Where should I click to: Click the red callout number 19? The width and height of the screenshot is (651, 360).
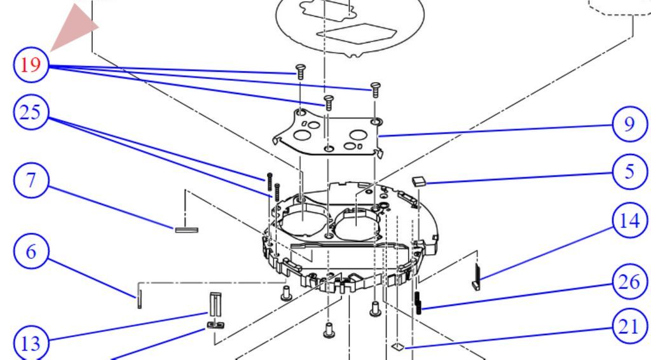point(31,65)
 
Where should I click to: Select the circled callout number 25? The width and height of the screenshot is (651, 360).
point(31,113)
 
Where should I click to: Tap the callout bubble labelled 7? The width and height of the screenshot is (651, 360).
point(31,181)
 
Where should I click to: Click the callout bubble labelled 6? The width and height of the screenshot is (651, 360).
point(31,252)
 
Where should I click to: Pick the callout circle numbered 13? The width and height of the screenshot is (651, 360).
point(31,344)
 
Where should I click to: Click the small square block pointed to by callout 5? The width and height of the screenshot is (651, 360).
point(420,181)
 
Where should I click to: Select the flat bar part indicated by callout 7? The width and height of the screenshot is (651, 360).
point(186,230)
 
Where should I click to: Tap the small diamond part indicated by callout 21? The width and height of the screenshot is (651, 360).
point(398,346)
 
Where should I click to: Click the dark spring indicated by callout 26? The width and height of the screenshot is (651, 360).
point(418,303)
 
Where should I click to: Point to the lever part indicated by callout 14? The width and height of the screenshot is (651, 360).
point(477,277)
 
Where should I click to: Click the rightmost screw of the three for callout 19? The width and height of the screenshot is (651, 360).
point(375,90)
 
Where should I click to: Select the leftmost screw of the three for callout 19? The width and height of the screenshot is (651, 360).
point(301,71)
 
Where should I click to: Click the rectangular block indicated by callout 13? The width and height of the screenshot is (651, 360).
point(216,305)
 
